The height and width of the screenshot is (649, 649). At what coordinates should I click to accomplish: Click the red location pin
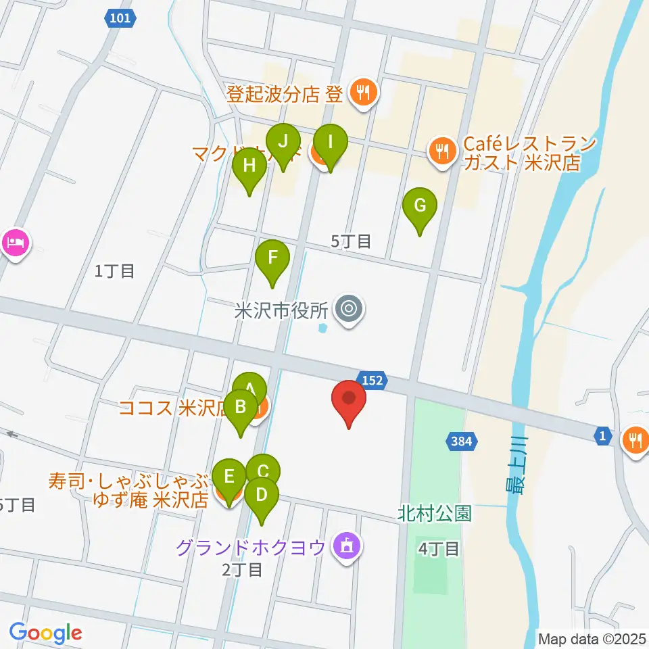[x=350, y=401]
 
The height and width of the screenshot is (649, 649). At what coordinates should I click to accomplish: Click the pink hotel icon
[x=16, y=242]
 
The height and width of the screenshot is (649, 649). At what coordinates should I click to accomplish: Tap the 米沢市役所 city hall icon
[x=349, y=310]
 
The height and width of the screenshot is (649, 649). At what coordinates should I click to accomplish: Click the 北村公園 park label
[x=435, y=514]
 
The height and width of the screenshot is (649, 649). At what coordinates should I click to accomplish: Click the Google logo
[x=46, y=633]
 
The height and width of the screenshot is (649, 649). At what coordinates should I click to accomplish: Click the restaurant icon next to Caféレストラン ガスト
[x=442, y=150]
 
